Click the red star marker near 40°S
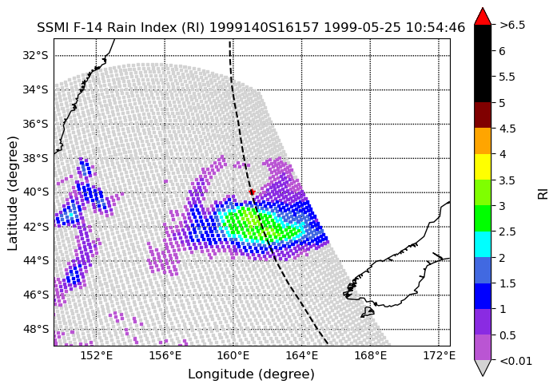click(x=252, y=192)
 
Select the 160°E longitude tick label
click(x=233, y=355)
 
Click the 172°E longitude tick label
click(x=439, y=355)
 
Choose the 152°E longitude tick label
click(x=96, y=355)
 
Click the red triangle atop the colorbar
click(x=483, y=16)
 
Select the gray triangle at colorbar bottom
click(x=483, y=368)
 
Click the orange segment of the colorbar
click(x=483, y=141)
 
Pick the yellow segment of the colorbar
click(x=483, y=167)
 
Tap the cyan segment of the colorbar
click(x=483, y=244)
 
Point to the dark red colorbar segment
click(x=483, y=115)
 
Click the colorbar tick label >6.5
click(x=512, y=26)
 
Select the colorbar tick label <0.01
click(x=515, y=361)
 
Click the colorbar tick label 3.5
click(x=507, y=180)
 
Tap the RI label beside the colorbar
click(x=543, y=194)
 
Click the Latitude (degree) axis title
click(x=12, y=192)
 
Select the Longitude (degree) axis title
click(x=251, y=374)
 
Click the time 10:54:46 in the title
click(x=436, y=27)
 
